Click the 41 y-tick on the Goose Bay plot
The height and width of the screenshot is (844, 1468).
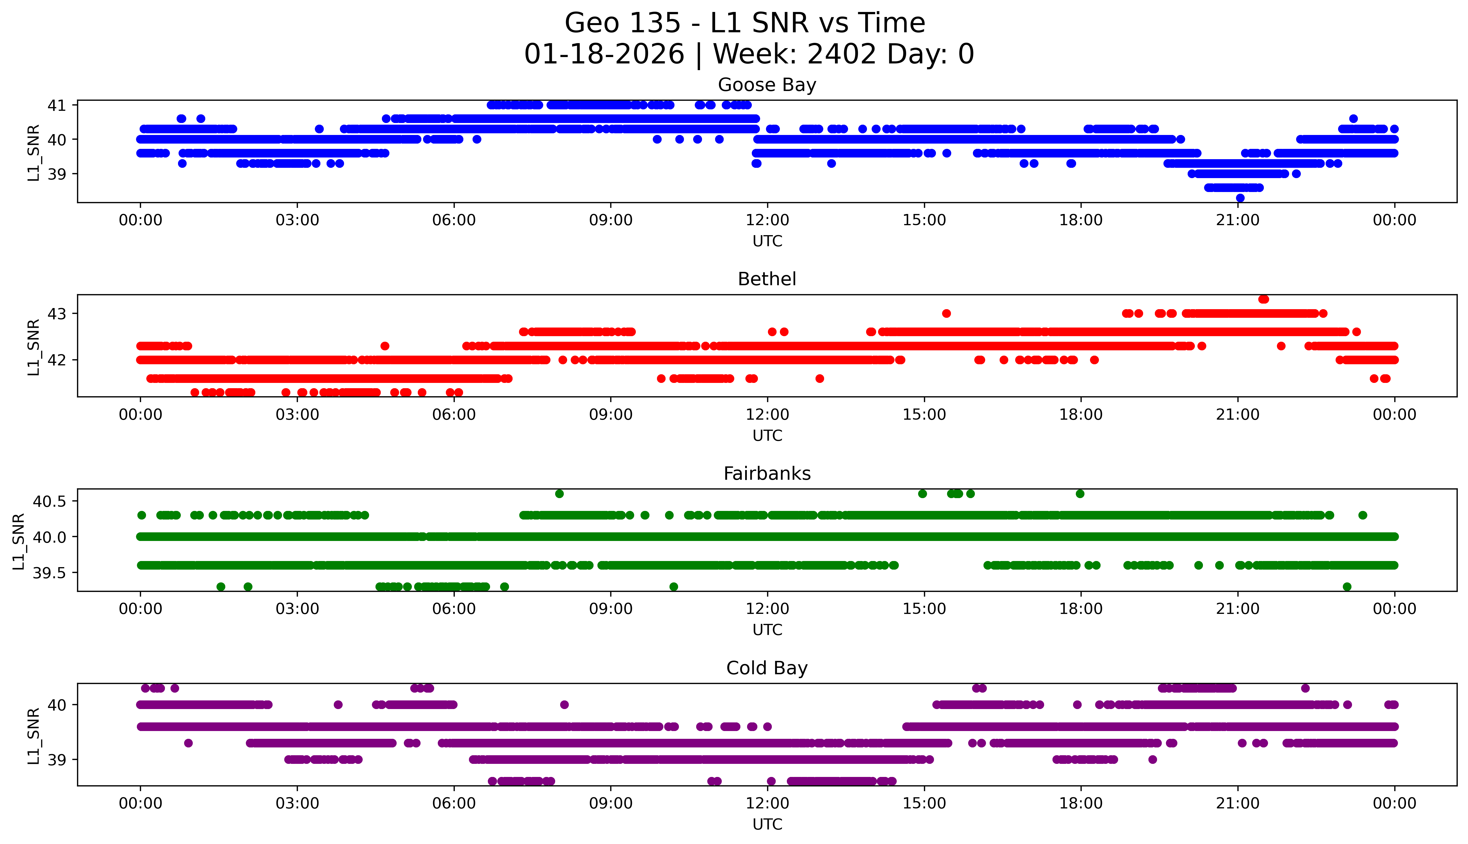57,105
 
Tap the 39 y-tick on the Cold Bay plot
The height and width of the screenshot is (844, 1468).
57,760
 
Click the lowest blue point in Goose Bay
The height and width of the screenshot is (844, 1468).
1240,198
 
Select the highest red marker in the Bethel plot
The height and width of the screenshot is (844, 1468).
1264,299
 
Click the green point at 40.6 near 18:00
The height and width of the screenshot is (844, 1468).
1080,494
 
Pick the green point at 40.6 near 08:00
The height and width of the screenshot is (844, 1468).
559,494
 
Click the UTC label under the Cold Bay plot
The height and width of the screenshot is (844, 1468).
767,824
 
